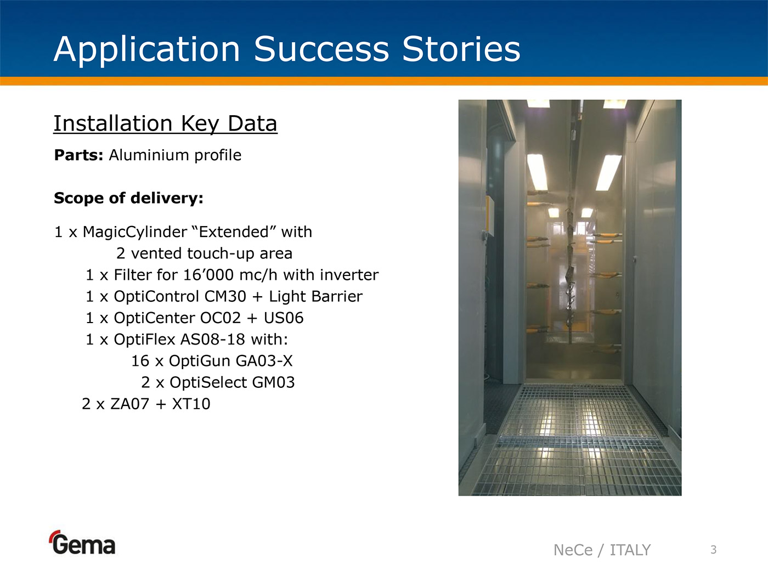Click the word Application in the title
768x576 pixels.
click(147, 50)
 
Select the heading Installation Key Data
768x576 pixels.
click(166, 124)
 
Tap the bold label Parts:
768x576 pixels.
click(79, 155)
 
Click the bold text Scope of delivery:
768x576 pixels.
click(128, 198)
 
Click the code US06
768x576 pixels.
click(284, 318)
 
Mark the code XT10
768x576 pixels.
click(191, 404)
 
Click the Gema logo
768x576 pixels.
click(82, 543)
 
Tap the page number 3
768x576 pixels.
click(714, 550)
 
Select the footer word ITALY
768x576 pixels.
click(630, 550)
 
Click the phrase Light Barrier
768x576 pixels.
click(315, 297)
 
